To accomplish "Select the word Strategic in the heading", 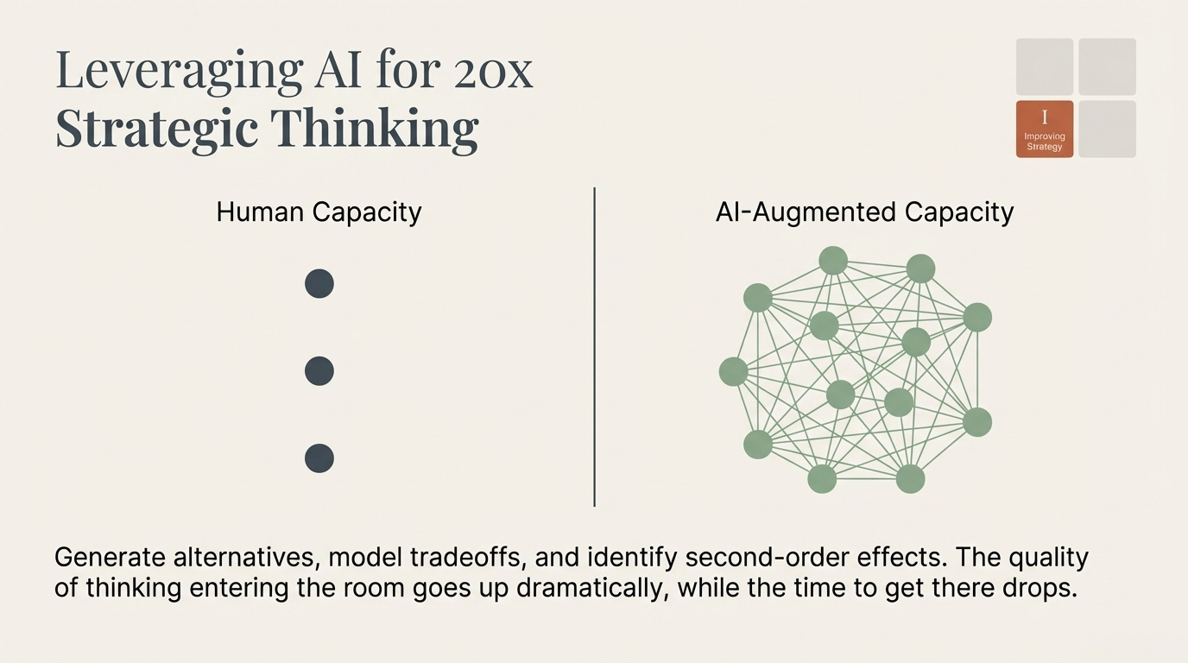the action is click(x=157, y=129).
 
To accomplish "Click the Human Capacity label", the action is click(x=319, y=212).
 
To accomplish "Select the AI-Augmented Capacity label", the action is click(x=864, y=212).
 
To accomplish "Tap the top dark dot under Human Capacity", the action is click(x=319, y=284).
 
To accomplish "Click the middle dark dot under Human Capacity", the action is click(x=319, y=371).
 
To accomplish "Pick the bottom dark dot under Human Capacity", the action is click(x=319, y=458).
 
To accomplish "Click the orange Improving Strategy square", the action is click(x=1045, y=129).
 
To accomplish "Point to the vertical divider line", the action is click(x=595, y=345).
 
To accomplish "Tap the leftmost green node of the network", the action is click(x=733, y=372).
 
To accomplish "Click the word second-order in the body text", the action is click(x=774, y=557).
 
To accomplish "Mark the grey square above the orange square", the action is click(x=1045, y=66).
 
